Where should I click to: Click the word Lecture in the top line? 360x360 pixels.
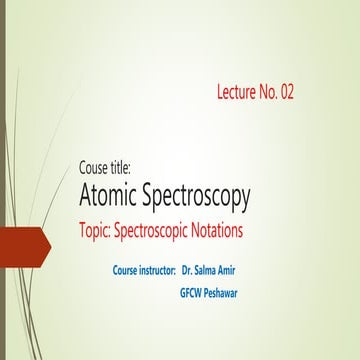(239, 93)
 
